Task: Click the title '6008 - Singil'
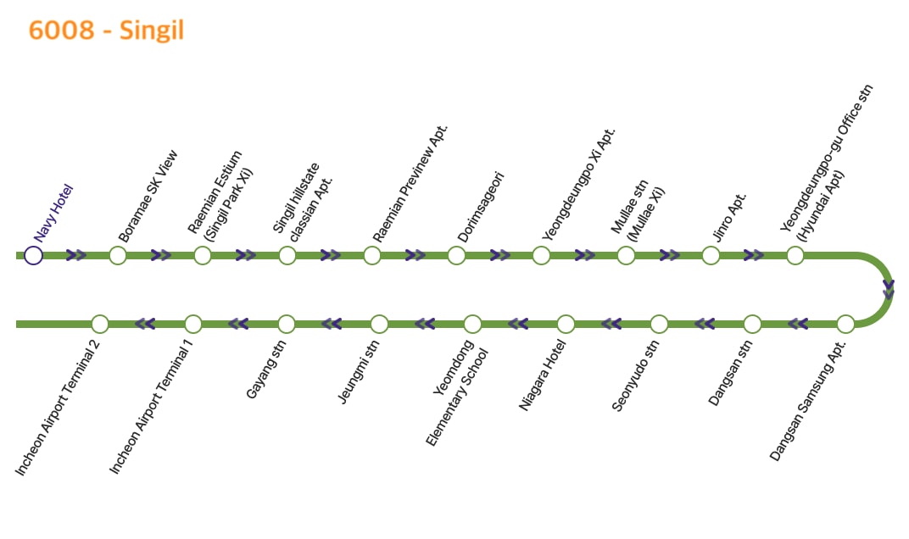pos(106,31)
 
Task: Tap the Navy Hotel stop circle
pos(33,255)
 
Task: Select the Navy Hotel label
pos(54,213)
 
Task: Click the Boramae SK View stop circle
pos(118,255)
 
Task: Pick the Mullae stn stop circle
pos(626,255)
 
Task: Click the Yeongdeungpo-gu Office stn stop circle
pos(795,255)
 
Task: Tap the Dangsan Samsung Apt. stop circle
pos(845,324)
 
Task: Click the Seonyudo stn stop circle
pos(659,324)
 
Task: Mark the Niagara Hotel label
pos(542,374)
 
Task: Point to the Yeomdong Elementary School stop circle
pos(472,324)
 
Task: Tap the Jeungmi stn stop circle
pos(379,324)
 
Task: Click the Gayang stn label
pos(266,369)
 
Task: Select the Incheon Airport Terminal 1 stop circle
pos(193,324)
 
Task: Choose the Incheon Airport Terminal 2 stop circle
pos(100,324)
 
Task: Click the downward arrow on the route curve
pos(888,290)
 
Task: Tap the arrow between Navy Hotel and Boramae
pos(76,255)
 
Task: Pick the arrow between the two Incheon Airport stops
pos(146,324)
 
